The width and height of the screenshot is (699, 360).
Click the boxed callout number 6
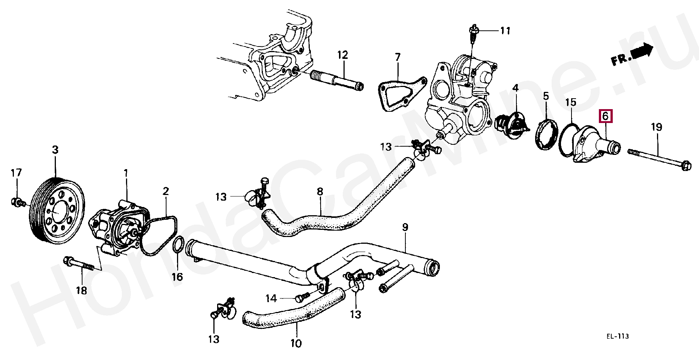(x=606, y=116)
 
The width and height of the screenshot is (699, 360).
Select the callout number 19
(x=656, y=127)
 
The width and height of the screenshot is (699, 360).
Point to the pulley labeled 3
(x=57, y=212)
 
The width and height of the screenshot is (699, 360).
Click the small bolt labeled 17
(x=17, y=202)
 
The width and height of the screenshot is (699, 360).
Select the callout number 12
(x=342, y=55)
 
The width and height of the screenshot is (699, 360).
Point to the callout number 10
(x=296, y=343)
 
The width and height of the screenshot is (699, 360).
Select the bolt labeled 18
(x=82, y=264)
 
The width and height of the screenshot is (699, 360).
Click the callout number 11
(x=505, y=30)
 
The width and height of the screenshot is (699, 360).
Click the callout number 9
(x=405, y=227)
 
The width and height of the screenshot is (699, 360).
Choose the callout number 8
(x=319, y=192)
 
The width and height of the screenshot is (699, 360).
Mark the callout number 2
(x=165, y=191)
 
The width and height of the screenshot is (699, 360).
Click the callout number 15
(x=571, y=102)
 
